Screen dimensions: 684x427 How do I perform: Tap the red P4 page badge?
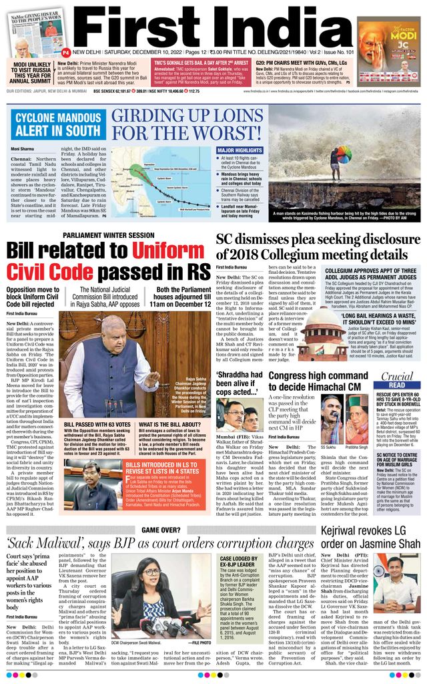66,52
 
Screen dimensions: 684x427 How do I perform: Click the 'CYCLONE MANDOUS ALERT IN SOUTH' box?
57,124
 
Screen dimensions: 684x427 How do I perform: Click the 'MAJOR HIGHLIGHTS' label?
240,151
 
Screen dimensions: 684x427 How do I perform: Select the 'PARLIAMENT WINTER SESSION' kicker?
108,236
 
